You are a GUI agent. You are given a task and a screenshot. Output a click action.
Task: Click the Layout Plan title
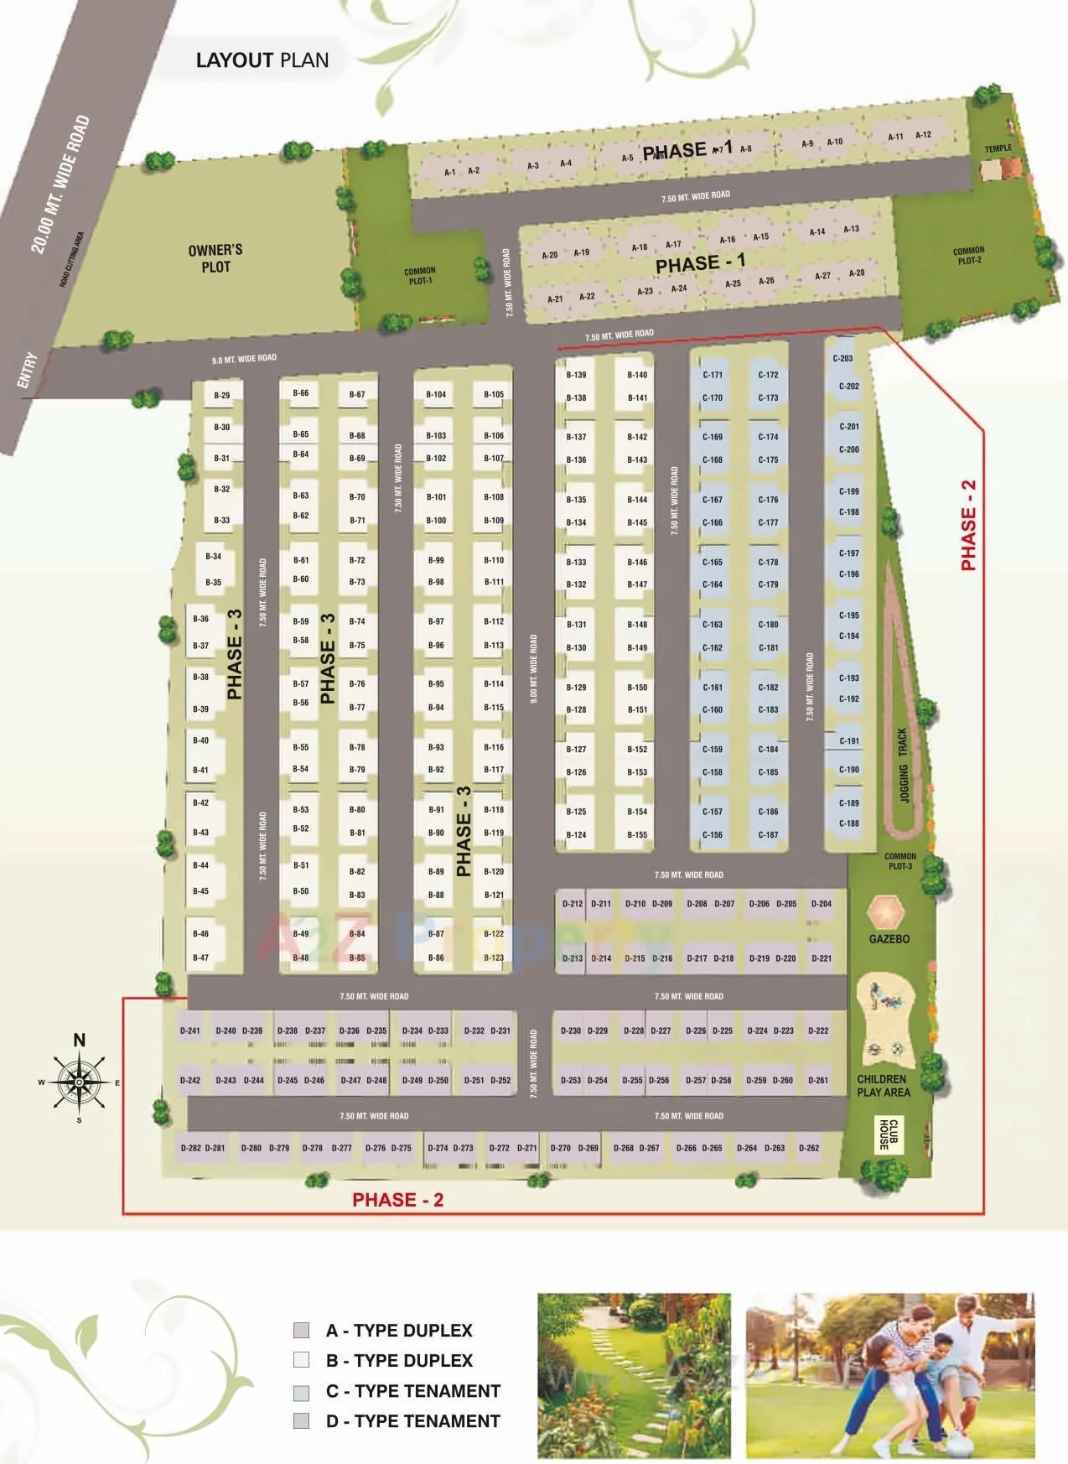(262, 60)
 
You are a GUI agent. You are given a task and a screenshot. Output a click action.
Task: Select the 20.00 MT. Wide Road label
(60, 185)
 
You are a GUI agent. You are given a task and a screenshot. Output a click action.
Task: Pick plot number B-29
(221, 396)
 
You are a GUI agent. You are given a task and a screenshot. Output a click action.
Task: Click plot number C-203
(842, 359)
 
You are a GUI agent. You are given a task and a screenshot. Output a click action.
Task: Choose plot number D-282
(190, 1148)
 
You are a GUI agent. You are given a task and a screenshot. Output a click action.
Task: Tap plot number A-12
(923, 135)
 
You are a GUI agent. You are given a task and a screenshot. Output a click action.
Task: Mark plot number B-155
(637, 835)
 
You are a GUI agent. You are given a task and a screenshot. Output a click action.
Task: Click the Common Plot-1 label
(419, 276)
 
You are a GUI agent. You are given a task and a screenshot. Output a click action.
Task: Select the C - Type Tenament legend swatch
(301, 1391)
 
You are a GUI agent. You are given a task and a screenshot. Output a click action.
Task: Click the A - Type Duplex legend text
(398, 1331)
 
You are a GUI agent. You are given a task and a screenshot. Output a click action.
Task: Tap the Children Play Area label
(883, 1086)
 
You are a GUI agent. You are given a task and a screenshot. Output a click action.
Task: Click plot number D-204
(822, 904)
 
